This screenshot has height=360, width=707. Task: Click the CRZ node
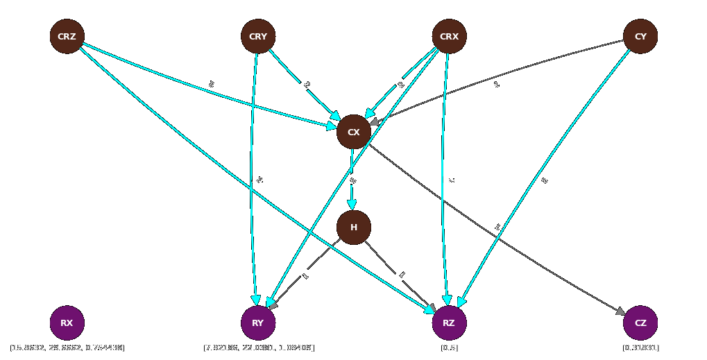(67, 37)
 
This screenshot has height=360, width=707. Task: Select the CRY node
(258, 37)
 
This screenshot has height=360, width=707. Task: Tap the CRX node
(449, 37)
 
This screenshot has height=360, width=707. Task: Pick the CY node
(640, 37)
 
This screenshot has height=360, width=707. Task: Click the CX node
(354, 132)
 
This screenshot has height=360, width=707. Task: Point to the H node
(354, 228)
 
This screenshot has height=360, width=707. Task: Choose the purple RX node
(67, 323)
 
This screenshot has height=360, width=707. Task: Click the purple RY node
(258, 323)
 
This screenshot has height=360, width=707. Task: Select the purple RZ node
(449, 323)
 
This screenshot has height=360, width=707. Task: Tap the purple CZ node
(640, 323)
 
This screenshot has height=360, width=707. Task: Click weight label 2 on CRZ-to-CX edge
(211, 85)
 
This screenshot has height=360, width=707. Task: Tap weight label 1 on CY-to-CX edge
(497, 85)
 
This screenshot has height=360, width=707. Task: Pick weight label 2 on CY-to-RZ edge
(545, 180)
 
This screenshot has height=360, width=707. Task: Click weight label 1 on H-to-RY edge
(306, 275)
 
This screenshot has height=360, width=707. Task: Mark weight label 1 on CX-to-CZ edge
(497, 228)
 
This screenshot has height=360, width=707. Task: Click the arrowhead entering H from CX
(352, 205)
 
